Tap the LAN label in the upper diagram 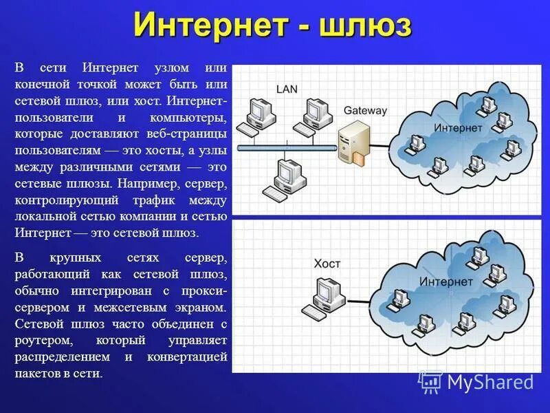pyautogui.click(x=287, y=89)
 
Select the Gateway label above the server pyautogui.click(x=365, y=110)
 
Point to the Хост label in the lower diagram pyautogui.click(x=327, y=264)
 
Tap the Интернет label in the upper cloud pyautogui.click(x=457, y=128)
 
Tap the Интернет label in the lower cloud pyautogui.click(x=445, y=282)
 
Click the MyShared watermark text pyautogui.click(x=489, y=382)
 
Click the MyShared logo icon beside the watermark pyautogui.click(x=430, y=381)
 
